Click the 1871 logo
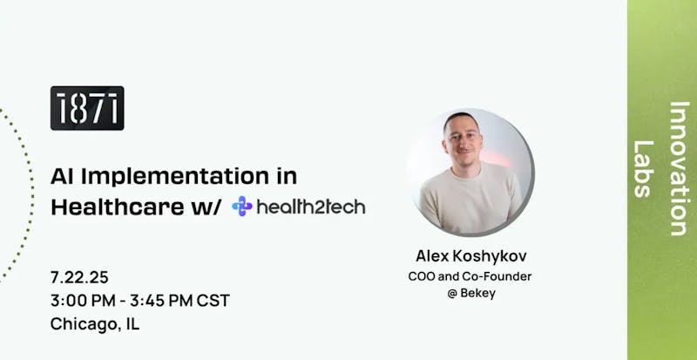[87, 108]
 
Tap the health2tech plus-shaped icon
[242, 206]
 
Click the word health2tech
[311, 207]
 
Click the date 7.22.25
[79, 277]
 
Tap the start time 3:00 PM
[83, 301]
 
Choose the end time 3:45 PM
[161, 301]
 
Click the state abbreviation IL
[133, 323]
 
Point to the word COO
[422, 276]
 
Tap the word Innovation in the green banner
[679, 168]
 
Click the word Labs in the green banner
[643, 169]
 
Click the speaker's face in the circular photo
[463, 139]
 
